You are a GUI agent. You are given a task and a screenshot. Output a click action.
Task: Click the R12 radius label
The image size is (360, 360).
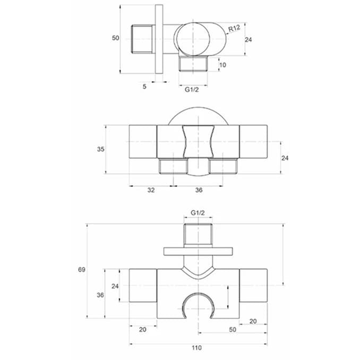(x=234, y=28)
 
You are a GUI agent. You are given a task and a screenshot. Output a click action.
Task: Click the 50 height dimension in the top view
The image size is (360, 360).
(x=115, y=38)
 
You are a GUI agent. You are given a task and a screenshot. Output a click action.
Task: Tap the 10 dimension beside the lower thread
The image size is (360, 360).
(x=222, y=65)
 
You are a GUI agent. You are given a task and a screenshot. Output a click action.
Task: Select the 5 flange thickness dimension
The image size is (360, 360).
(x=144, y=87)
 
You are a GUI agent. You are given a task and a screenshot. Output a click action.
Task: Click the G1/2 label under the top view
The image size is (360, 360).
(x=192, y=90)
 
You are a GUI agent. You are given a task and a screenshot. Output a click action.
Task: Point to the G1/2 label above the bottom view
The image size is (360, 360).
(x=198, y=213)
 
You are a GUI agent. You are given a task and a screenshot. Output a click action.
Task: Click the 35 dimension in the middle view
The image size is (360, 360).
(x=100, y=149)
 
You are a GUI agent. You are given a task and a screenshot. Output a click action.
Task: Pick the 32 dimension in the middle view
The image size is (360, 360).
(x=151, y=190)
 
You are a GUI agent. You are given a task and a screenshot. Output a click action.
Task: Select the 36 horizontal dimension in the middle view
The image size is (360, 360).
(x=199, y=190)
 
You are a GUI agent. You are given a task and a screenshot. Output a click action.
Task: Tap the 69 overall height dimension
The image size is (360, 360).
(x=82, y=270)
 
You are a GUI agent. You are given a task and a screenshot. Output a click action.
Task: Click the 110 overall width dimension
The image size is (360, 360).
(x=197, y=348)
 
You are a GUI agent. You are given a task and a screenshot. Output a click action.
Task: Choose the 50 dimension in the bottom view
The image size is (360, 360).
(x=233, y=330)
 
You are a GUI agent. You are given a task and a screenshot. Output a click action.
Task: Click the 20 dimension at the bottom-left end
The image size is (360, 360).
(x=143, y=330)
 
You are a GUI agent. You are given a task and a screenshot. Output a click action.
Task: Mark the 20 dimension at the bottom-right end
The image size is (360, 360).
(x=253, y=321)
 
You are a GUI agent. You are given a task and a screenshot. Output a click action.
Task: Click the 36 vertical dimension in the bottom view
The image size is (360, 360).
(x=100, y=295)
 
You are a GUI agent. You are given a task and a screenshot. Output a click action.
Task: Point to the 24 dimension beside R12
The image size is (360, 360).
(x=248, y=40)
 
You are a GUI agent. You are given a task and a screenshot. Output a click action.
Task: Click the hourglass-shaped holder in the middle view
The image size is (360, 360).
(x=198, y=141)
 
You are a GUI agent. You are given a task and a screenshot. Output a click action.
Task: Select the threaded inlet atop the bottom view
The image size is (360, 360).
(x=198, y=234)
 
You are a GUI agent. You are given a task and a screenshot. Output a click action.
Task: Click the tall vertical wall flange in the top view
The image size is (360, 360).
(x=159, y=39)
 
